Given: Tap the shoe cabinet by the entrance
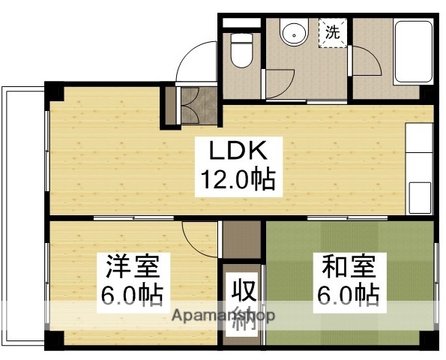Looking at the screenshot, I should coord(189,105).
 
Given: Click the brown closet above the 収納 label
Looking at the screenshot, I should coord(240,240).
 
